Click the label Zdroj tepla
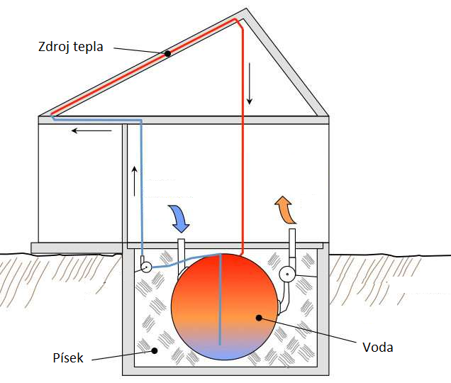(70, 47)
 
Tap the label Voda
(378, 348)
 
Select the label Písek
(68, 357)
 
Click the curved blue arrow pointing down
(179, 218)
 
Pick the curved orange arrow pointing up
(285, 209)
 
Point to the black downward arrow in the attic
(250, 84)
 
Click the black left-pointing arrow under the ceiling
(91, 131)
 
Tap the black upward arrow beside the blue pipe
(134, 181)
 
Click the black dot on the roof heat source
(167, 53)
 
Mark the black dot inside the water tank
(259, 318)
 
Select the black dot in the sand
(155, 350)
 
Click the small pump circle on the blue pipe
(146, 267)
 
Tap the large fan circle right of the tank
(287, 274)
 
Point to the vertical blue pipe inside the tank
(220, 299)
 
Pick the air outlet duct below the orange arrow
(292, 247)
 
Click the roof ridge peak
(246, 9)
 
